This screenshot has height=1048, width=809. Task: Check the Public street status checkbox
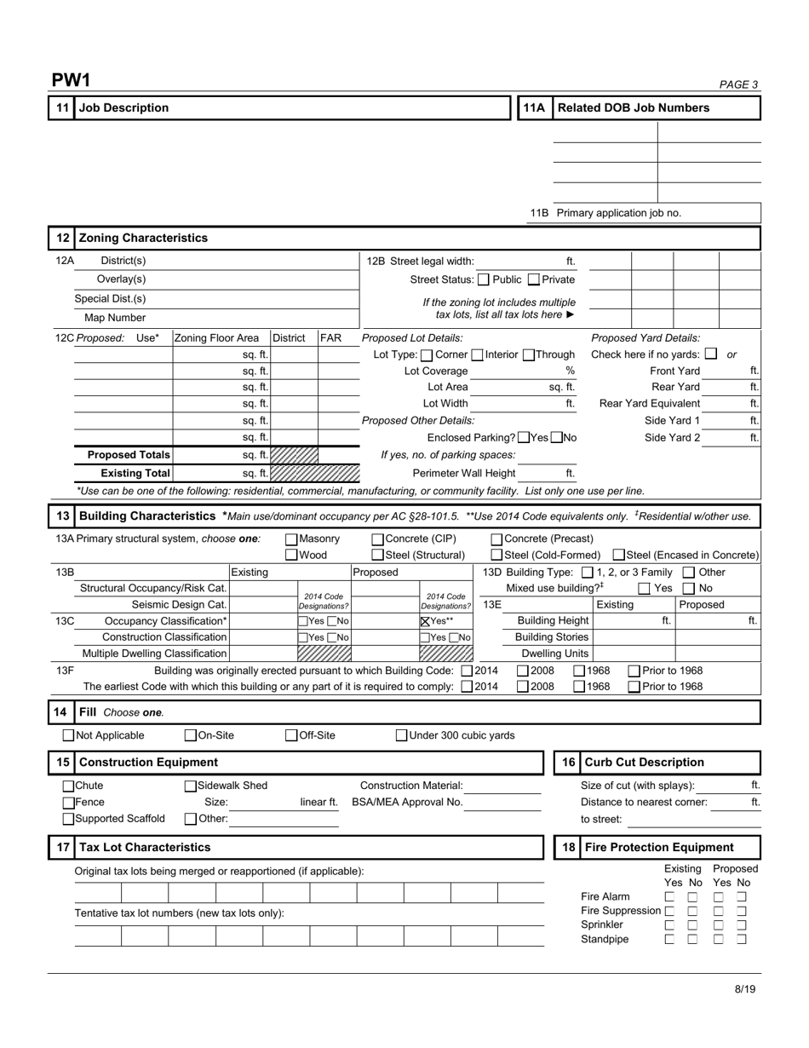(484, 279)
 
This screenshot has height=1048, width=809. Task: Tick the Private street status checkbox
(534, 279)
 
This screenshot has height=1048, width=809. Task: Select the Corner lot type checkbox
(427, 354)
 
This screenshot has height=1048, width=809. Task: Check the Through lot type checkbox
(528, 354)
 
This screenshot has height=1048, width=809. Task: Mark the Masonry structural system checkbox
(291, 538)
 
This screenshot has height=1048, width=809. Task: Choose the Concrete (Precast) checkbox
(497, 538)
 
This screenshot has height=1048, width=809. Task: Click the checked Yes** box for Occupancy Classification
(426, 621)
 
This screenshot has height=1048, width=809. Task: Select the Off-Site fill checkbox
(291, 735)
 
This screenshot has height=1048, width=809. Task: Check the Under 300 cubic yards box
(402, 735)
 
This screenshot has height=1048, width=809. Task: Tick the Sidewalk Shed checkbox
(191, 786)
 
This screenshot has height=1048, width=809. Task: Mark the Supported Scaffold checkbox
(69, 819)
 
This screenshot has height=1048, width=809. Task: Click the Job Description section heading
(123, 108)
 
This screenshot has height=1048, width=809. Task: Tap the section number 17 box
(61, 848)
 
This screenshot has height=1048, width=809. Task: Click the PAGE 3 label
(738, 84)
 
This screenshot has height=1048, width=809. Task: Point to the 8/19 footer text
(745, 989)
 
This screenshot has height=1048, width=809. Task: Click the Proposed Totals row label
(129, 455)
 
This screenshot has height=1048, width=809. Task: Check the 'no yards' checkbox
(711, 354)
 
